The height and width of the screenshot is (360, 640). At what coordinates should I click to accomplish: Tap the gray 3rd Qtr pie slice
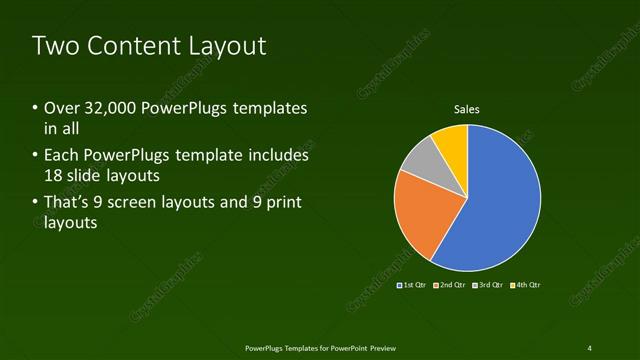tap(420, 160)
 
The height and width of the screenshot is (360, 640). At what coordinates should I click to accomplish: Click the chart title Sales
tap(467, 109)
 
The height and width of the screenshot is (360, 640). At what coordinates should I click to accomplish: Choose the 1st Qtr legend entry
tap(412, 285)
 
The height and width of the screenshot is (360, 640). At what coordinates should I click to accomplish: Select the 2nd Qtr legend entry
tap(450, 285)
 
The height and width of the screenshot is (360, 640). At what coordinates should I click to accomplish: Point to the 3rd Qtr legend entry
tap(487, 285)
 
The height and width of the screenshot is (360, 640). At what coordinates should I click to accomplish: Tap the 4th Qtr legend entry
tap(525, 285)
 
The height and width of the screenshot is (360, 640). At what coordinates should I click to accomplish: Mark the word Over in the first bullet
tap(61, 108)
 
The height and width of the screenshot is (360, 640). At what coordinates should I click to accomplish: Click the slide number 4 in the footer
tap(589, 347)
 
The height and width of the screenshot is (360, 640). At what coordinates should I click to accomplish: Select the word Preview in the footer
tap(378, 347)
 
